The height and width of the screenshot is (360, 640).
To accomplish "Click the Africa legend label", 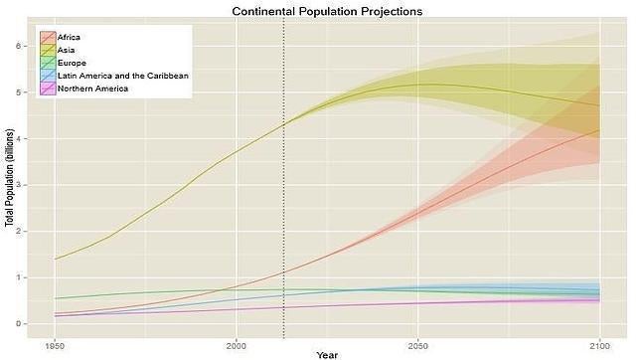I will [71, 37].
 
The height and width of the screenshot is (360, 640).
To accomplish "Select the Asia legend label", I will [68, 50].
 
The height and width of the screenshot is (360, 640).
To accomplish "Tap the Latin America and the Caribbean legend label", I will [122, 76].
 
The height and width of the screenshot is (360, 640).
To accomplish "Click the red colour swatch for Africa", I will [47, 37].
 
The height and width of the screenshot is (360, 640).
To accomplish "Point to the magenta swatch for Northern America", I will [47, 89].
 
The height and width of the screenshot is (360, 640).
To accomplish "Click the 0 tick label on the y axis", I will [32, 324].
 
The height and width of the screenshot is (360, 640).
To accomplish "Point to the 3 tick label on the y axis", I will [32, 185].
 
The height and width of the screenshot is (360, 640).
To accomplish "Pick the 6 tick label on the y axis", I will [32, 46].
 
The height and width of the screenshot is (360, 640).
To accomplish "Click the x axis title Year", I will [327, 354].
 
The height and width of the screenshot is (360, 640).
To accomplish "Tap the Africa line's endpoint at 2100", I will [598, 129].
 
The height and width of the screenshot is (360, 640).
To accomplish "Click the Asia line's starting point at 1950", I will [55, 259].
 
